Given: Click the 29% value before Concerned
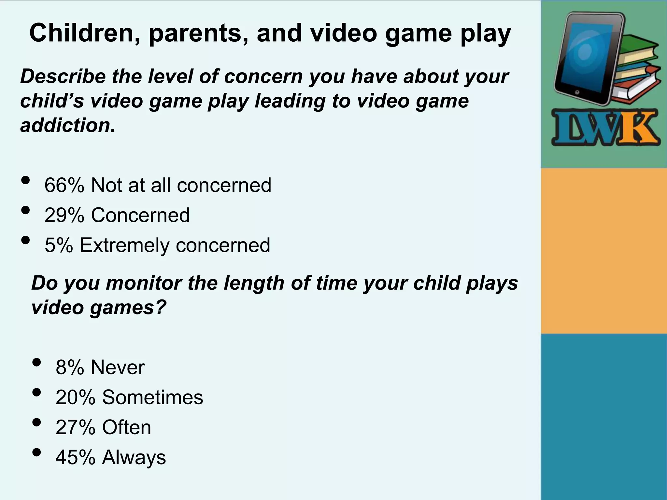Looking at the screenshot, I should coord(64,215).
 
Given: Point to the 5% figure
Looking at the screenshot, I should coord(59,245).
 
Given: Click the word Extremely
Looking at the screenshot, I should coord(124,245).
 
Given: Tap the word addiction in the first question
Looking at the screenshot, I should coord(67,125).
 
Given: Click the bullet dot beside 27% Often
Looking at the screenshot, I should coord(37,422).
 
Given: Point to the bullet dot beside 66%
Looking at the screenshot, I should coord(25,180).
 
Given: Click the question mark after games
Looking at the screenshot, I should coord(161,307).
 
